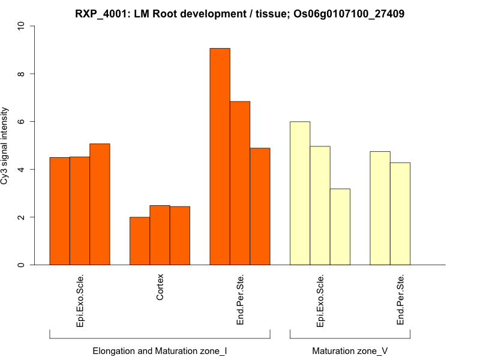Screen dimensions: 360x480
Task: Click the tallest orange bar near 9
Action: tap(220, 156)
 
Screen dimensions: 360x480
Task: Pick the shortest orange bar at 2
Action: tap(140, 241)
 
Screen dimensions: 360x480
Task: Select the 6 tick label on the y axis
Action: tap(22, 122)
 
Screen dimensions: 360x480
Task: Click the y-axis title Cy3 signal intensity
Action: tap(5, 146)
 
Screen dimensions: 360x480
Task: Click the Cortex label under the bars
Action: tap(160, 287)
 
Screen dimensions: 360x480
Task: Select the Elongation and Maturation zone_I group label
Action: tap(160, 350)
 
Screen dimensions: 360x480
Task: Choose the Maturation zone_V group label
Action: tap(350, 350)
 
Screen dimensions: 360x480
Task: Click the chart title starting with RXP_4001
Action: tap(239, 13)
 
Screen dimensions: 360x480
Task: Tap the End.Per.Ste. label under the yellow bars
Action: tap(400, 300)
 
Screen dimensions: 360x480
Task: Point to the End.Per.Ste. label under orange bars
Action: tap(240, 300)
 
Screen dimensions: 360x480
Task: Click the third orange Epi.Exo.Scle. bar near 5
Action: tap(100, 204)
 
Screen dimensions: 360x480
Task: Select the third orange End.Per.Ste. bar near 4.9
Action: tap(260, 206)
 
